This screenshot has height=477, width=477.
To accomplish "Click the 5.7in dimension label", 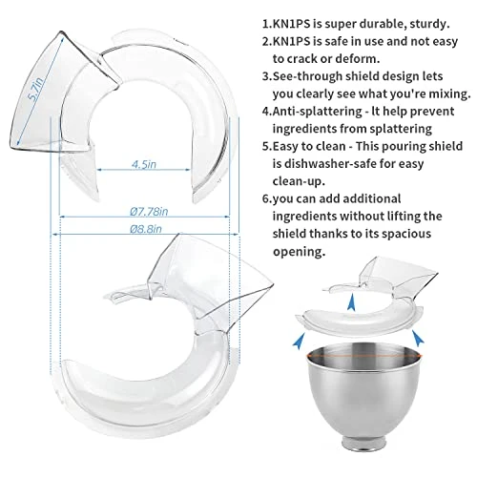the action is tap(36, 90).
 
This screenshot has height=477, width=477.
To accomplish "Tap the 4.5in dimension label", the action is tap(144, 164).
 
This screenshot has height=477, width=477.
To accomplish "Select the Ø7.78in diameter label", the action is tap(149, 212).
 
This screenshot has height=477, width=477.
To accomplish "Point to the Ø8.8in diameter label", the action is tap(146, 229).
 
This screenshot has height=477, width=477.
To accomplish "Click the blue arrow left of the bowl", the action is tap(299, 341).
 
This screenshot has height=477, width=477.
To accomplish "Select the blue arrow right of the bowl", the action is tap(418, 338).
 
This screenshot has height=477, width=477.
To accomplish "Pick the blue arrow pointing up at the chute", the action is tap(351, 302).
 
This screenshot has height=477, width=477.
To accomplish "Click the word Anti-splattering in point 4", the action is tap(317, 112).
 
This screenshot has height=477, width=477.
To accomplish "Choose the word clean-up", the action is tap(299, 181).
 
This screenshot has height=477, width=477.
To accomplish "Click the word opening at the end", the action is tap(299, 252).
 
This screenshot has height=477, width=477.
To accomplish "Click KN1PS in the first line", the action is tap(291, 24).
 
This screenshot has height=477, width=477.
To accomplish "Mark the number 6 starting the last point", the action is tap(266, 199).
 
